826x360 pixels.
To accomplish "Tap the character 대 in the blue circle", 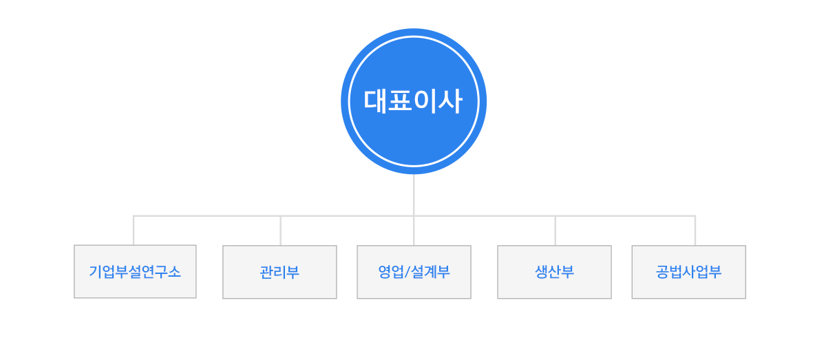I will [376, 102].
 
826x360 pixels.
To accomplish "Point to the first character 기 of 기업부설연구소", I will [95, 272].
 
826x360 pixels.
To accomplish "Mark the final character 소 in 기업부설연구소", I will [175, 272].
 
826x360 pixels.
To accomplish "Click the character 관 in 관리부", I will [266, 272].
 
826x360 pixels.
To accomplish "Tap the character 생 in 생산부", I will [541, 272].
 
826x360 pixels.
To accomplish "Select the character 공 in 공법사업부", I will [662, 272].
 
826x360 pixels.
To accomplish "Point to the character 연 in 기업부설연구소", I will [149, 272].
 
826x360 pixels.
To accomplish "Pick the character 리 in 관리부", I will [279, 272].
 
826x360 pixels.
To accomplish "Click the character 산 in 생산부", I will [554, 272].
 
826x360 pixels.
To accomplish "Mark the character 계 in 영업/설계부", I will [430, 272].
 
